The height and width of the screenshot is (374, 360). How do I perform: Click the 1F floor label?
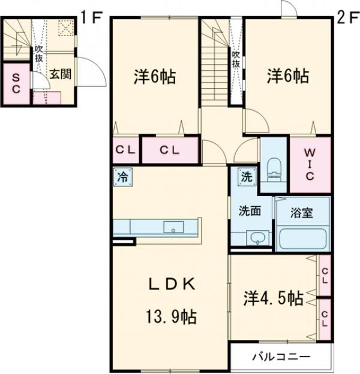(x=91, y=17)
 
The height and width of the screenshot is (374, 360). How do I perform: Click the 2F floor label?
(x=346, y=17)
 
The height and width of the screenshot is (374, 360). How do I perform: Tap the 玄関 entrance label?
(x=61, y=75)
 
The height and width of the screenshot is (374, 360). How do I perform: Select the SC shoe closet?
(x=16, y=83)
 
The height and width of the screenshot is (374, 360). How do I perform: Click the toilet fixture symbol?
(x=274, y=168)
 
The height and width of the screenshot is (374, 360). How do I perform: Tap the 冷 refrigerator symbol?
(x=122, y=177)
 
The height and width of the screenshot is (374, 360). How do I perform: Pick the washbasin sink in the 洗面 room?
(x=259, y=237)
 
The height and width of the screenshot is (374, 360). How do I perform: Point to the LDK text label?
(x=169, y=285)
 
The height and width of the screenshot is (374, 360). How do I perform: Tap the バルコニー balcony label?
(x=281, y=357)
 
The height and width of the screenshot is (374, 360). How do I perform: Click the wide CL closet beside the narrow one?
(x=170, y=150)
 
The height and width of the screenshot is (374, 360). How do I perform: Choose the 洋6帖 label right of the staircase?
(x=288, y=77)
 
